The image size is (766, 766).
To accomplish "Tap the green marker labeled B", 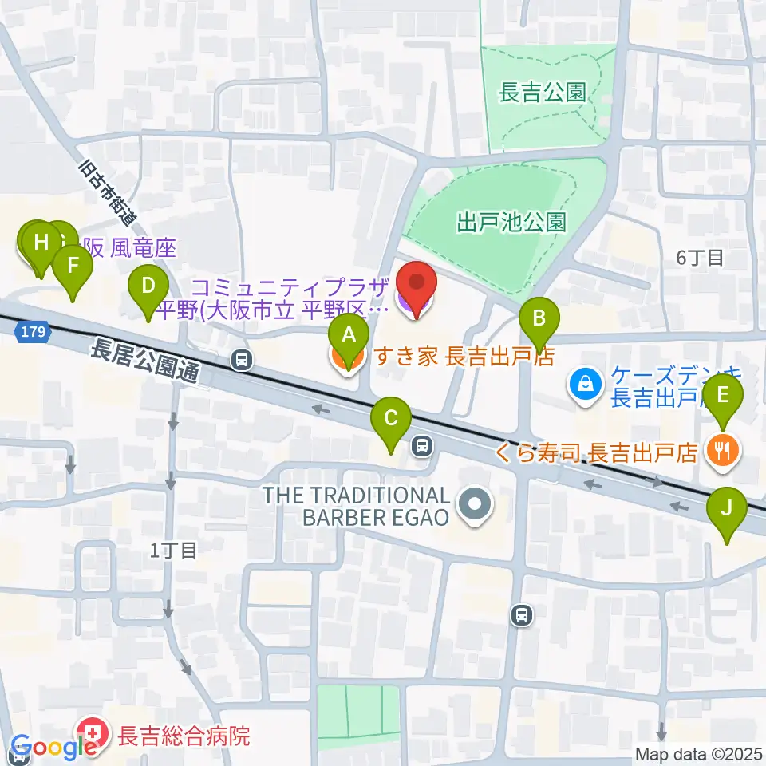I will tap(539, 318).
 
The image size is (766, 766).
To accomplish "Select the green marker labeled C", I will tap(391, 417).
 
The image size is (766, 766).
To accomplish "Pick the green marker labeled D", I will tap(148, 285).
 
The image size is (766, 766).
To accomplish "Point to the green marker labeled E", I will tap(723, 395).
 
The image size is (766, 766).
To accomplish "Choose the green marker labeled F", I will tap(72, 264).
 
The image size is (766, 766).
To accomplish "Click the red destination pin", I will tap(417, 285).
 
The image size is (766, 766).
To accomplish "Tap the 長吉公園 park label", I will tap(542, 93).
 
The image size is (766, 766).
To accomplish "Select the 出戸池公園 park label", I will tap(511, 221).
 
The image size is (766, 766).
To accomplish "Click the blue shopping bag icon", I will tap(585, 384).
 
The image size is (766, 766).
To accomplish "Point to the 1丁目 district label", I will tap(173, 550).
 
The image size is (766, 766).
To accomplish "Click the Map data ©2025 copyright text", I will tap(698, 754).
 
